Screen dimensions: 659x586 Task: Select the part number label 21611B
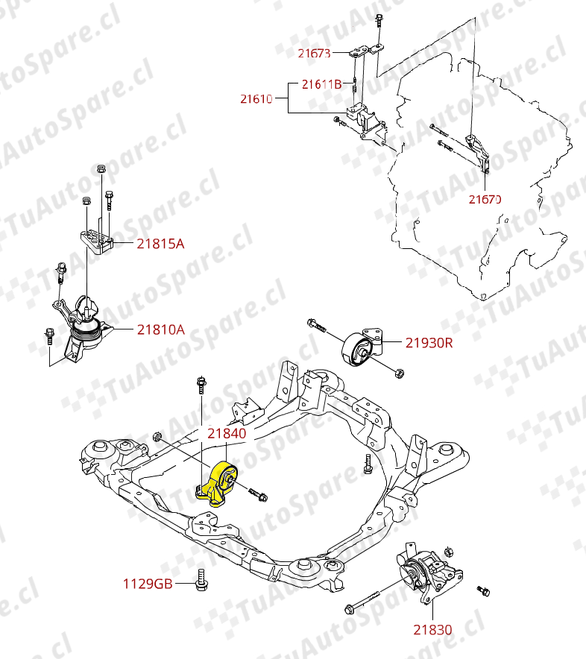pos(322,84)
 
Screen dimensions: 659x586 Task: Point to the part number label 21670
pos(485,199)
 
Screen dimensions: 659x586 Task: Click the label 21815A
pos(160,243)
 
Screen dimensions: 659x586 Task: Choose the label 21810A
pos(160,329)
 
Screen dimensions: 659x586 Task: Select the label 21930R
pos(429,343)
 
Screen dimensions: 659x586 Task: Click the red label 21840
pos(226,432)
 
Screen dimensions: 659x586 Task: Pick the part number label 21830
pos(432,629)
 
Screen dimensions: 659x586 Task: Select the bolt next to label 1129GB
pos(201,581)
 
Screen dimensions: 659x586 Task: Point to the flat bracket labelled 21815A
pos(97,239)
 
